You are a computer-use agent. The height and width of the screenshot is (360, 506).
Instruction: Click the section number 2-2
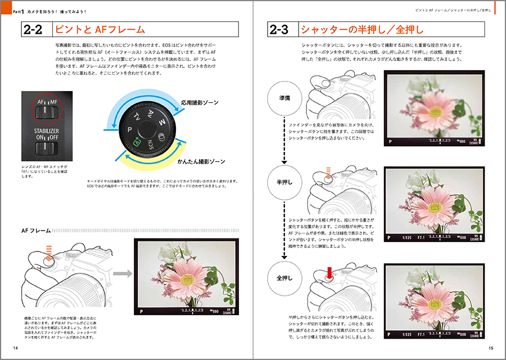pos(35,29)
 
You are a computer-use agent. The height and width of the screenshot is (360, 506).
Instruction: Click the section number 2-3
pos(282,29)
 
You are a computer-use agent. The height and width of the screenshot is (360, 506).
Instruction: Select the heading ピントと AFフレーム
pos(98,29)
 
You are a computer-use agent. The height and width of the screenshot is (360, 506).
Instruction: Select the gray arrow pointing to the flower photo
pos(122,274)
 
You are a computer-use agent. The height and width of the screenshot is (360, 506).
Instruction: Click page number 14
pos(15,349)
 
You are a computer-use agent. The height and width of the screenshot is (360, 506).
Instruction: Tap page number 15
pos(490,349)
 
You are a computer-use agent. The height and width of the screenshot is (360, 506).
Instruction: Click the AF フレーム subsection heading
pos(36,230)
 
